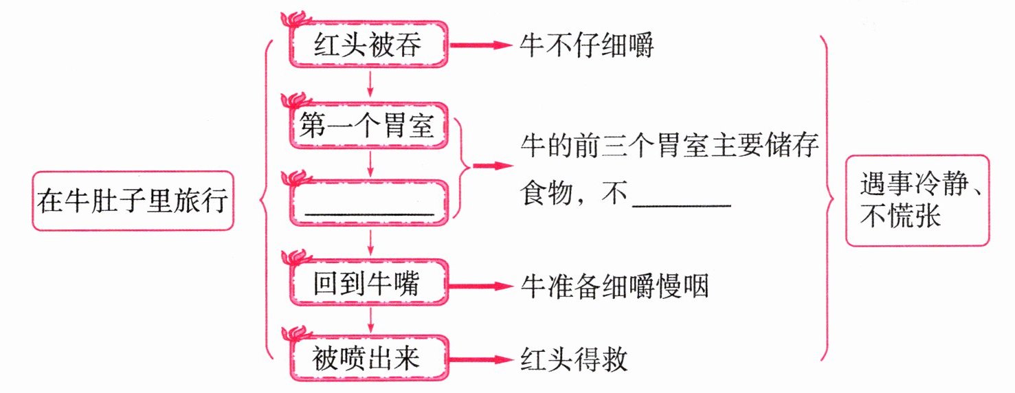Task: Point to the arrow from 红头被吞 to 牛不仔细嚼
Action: pyautogui.click(x=481, y=46)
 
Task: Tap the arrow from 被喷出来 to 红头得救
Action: pyautogui.click(x=481, y=359)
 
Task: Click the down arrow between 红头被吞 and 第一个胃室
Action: pyautogui.click(x=371, y=83)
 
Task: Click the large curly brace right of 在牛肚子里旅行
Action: pyautogui.click(x=265, y=199)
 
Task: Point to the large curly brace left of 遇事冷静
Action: pyautogui.click(x=828, y=199)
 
